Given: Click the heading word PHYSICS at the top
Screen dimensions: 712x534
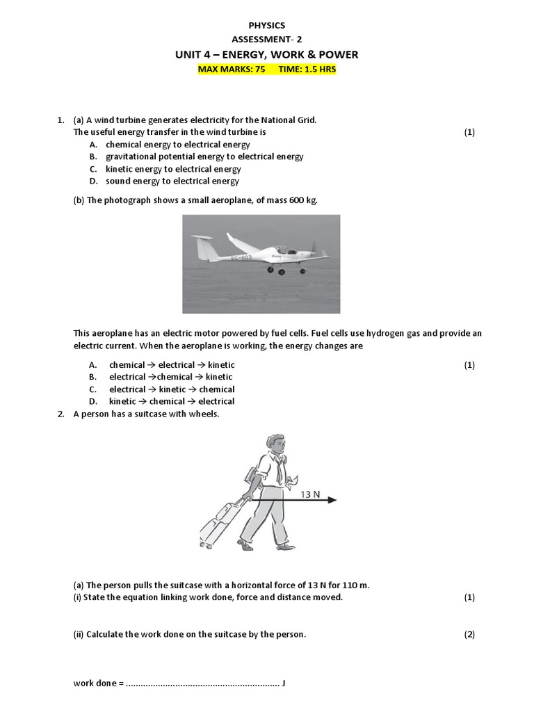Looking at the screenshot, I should [267, 25].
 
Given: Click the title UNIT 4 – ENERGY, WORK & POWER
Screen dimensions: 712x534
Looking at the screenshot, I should [267, 55].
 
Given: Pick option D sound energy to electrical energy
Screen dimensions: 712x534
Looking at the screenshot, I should [172, 181].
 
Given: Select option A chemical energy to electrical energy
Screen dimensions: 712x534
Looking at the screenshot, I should [177, 145].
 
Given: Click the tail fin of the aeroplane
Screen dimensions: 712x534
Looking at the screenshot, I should [203, 248].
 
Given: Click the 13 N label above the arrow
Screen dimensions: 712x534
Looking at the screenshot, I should [310, 494].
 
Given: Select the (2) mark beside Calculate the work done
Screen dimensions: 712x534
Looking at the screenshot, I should [469, 634].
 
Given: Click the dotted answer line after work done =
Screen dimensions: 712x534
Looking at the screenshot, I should [202, 683].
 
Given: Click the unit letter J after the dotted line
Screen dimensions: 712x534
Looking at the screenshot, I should [284, 683].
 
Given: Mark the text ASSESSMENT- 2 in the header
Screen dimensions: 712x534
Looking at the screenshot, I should [267, 40].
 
